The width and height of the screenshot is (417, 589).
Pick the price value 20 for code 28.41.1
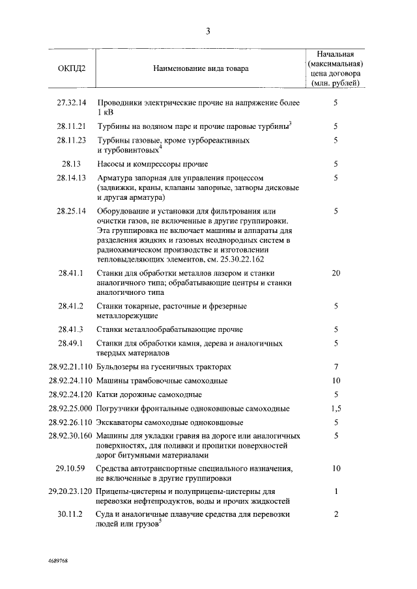[x=336, y=273]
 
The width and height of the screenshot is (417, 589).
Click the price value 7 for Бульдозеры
[x=336, y=367]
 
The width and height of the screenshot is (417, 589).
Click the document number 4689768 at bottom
[x=58, y=560]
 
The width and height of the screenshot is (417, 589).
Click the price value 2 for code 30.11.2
[x=336, y=515]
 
